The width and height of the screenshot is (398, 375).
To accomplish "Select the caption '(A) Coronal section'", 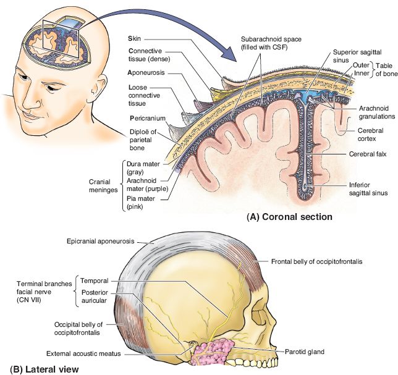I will pos(290,217).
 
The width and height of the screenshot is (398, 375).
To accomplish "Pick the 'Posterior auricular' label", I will pos(96,296).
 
